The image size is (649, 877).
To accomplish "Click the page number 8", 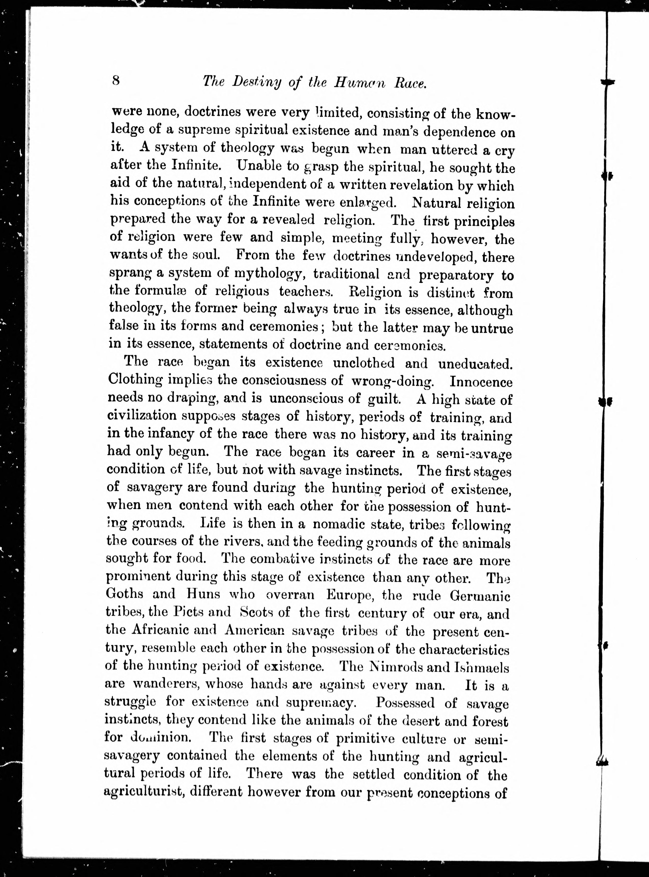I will [x=116, y=81].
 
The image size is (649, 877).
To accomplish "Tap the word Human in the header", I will [x=359, y=83].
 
